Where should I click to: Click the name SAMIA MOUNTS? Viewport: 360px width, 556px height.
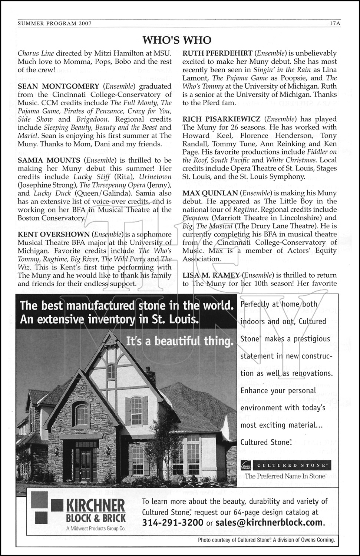pos(49,160)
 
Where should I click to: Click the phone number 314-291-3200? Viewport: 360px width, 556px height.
pos(172,523)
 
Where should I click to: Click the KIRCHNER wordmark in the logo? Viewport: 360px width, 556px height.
pos(95,506)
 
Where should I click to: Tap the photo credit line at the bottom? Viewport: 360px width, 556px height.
pos(266,540)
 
